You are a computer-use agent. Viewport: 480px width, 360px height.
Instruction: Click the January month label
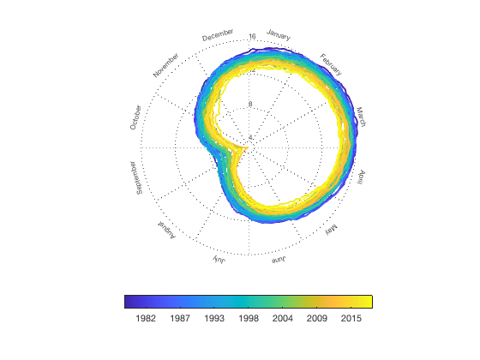click(279, 35)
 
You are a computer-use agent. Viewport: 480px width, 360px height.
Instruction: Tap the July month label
click(219, 260)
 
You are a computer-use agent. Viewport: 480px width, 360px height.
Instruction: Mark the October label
click(136, 117)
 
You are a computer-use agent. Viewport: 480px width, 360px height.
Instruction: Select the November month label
click(166, 65)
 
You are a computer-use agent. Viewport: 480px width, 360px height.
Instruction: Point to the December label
click(218, 36)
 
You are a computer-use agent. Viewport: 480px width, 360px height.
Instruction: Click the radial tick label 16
click(252, 36)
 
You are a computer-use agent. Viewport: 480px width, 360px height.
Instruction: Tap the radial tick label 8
click(250, 105)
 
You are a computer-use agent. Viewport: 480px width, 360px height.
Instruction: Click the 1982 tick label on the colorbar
click(145, 319)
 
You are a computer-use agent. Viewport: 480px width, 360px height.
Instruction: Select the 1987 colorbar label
click(180, 319)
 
